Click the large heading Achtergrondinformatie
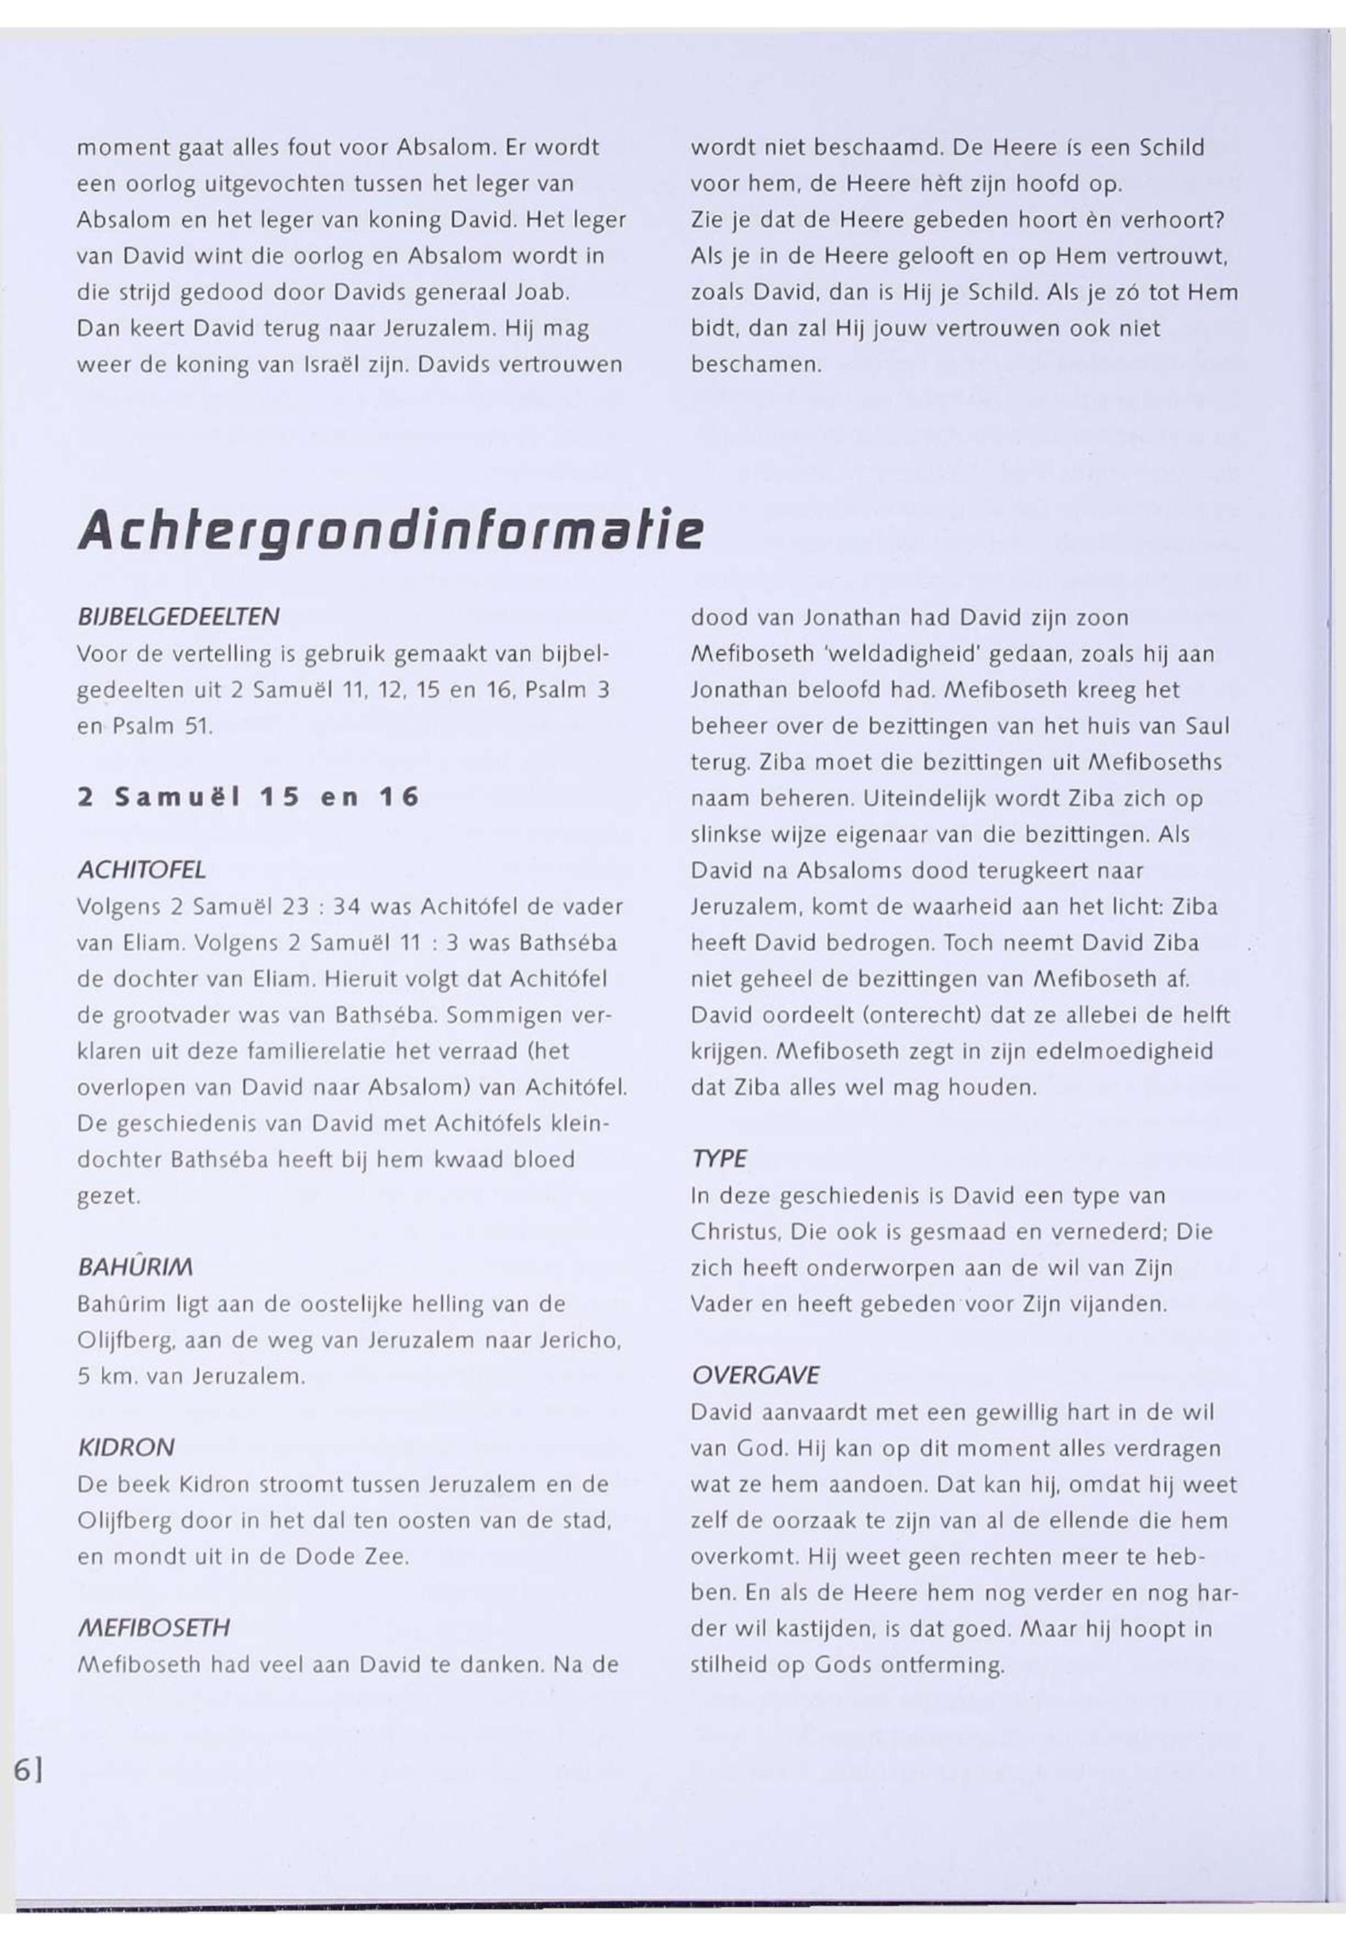[x=390, y=533]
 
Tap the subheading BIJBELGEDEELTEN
[x=178, y=617]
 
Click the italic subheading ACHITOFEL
[x=142, y=870]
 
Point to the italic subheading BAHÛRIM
[x=136, y=1267]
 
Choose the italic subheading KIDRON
[x=126, y=1448]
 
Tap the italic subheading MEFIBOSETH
[x=153, y=1628]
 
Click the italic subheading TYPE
[x=719, y=1159]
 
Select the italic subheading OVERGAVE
[x=755, y=1375]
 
